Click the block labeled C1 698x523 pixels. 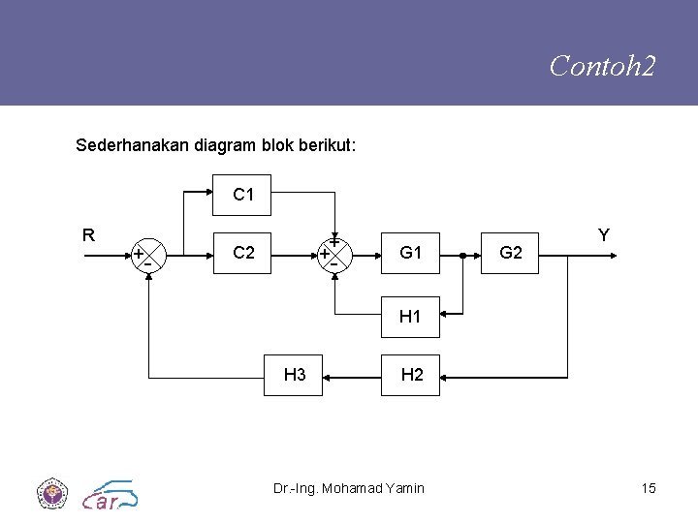pyautogui.click(x=243, y=195)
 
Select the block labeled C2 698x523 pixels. pyautogui.click(x=243, y=254)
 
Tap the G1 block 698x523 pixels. pyautogui.click(x=411, y=254)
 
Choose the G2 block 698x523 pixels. pyautogui.click(x=511, y=254)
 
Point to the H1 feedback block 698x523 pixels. pyautogui.click(x=411, y=316)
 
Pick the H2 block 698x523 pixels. pyautogui.click(x=411, y=375)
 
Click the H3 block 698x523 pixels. pyautogui.click(x=295, y=375)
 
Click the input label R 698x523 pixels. pyautogui.click(x=88, y=234)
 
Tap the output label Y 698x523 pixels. pyautogui.click(x=603, y=234)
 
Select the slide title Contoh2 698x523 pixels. pyautogui.click(x=602, y=66)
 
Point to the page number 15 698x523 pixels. pyautogui.click(x=648, y=488)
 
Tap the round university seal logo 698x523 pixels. pyautogui.click(x=49, y=493)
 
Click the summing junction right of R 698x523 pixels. pyautogui.click(x=148, y=256)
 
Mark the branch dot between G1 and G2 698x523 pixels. pyautogui.click(x=463, y=256)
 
